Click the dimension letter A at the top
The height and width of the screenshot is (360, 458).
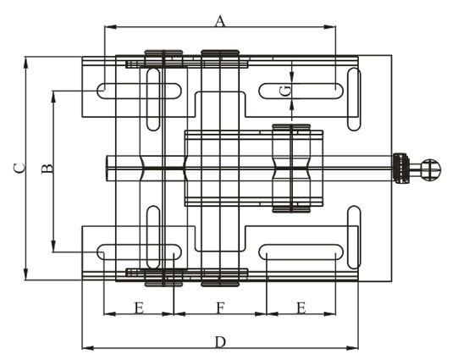[220, 21]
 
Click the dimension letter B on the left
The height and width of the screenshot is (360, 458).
[47, 169]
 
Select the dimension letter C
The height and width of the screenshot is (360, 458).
[19, 169]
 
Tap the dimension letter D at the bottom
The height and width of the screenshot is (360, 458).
[220, 342]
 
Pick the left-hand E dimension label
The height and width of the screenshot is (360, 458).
[139, 308]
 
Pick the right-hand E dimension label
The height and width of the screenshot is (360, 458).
[301, 308]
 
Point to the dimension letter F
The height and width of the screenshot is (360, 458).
[220, 308]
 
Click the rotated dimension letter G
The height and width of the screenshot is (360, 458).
[285, 91]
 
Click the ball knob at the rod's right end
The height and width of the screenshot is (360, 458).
[431, 169]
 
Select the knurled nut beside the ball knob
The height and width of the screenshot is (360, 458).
[401, 168]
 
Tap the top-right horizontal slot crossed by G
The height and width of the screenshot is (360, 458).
[301, 91]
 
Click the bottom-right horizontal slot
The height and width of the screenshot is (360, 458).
[301, 252]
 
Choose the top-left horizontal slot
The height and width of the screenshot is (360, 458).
[139, 91]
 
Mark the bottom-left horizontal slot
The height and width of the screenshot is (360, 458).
[139, 252]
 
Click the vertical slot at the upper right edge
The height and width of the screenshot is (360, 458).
[354, 99]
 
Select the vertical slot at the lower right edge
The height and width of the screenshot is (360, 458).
[354, 237]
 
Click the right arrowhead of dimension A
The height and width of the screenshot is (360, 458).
[330, 27]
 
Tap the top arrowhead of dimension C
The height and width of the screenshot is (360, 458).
[25, 62]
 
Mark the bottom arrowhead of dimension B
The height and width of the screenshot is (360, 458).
[53, 246]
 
